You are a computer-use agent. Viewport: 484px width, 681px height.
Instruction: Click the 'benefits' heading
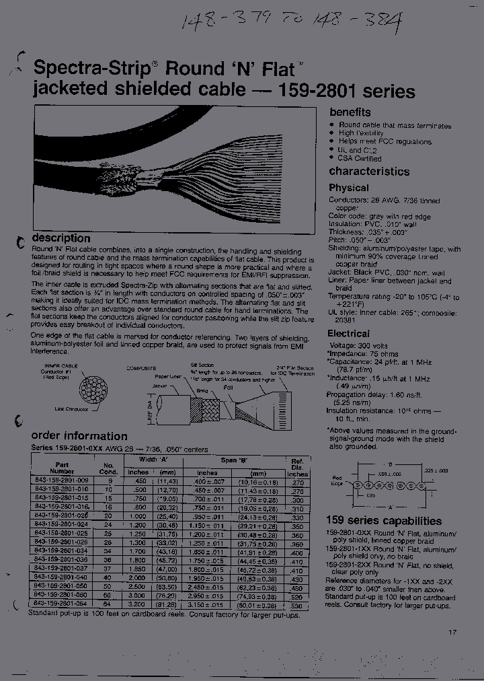click(x=350, y=112)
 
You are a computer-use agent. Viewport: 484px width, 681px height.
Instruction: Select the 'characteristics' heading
click(x=369, y=172)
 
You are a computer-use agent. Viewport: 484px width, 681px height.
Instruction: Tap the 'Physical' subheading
click(x=348, y=188)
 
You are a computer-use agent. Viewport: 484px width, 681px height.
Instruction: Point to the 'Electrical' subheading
click(x=348, y=333)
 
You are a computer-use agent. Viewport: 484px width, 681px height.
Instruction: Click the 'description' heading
click(x=61, y=238)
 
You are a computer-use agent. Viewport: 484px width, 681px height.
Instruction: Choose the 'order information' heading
click(x=79, y=435)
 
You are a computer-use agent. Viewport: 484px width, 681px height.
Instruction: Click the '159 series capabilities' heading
click(x=384, y=521)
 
